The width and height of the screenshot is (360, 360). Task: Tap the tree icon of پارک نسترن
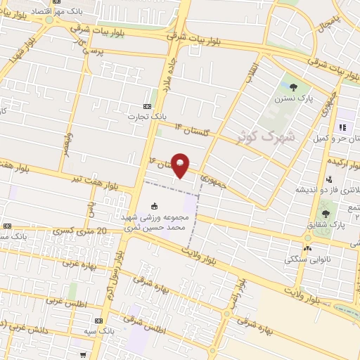(293, 87)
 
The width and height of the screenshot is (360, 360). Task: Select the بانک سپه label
(103, 330)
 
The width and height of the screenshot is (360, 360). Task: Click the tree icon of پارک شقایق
(325, 213)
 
